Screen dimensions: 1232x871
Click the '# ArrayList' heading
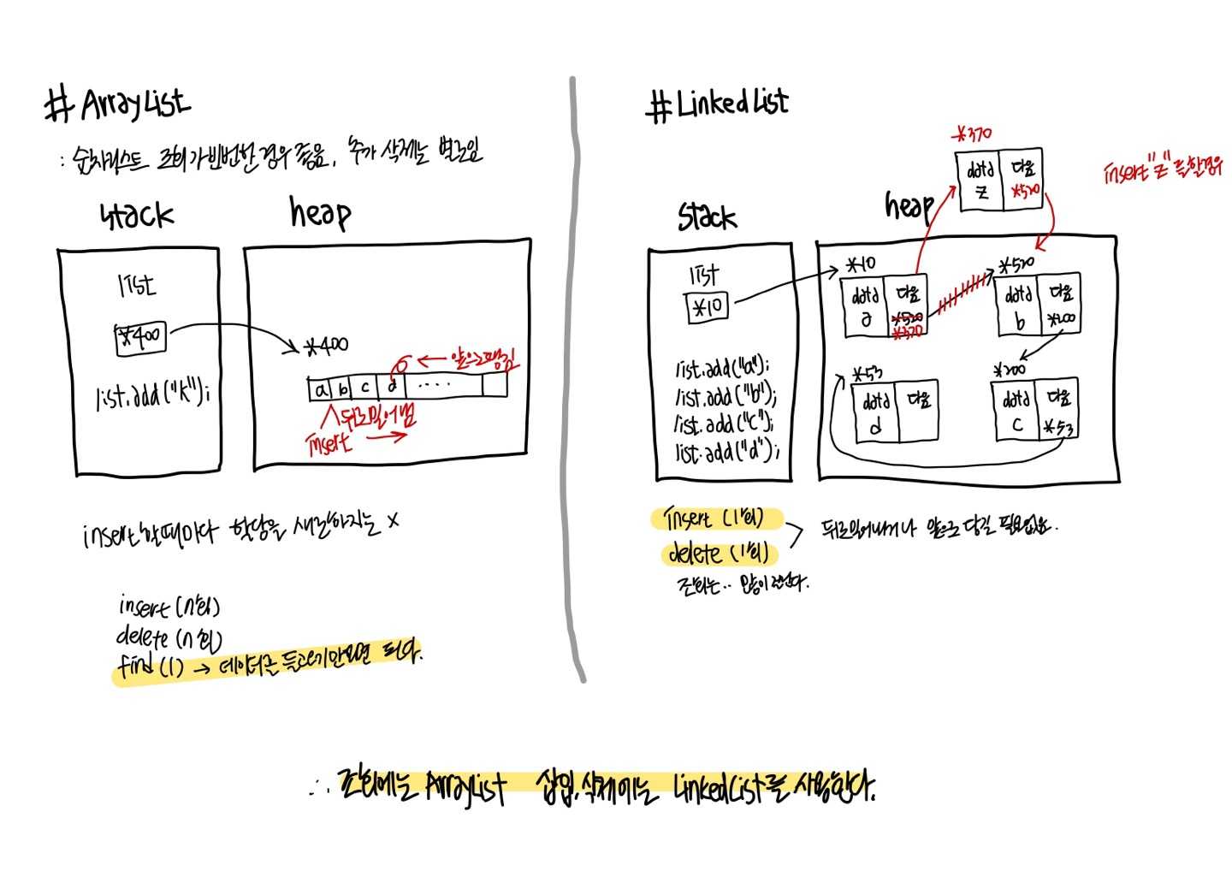tap(118, 105)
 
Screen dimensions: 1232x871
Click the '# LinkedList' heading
tap(717, 104)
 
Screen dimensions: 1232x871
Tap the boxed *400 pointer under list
tap(141, 337)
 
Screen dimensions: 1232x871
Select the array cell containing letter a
tap(321, 390)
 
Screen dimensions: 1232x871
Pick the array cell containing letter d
tap(392, 388)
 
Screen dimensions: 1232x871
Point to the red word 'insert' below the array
tap(329, 443)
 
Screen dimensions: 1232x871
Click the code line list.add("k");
tap(152, 396)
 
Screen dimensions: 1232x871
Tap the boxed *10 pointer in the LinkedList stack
tap(708, 306)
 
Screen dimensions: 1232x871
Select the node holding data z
tap(998, 180)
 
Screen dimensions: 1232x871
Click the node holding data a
tap(883, 307)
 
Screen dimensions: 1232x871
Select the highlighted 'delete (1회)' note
tap(718, 554)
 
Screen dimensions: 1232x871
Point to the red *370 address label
tap(973, 133)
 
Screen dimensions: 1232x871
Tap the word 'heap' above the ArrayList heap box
tap(319, 211)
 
